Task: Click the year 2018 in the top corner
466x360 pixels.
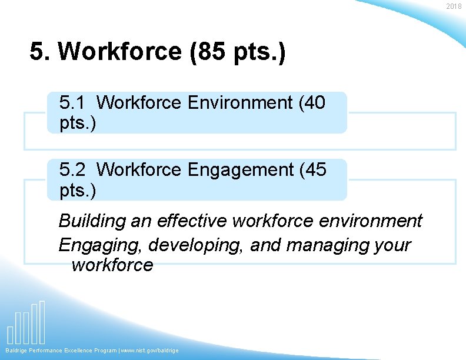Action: point(454,6)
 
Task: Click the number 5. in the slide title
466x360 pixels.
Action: point(41,52)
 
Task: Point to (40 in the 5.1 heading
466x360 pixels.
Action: point(312,102)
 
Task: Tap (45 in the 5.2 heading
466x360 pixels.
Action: point(312,169)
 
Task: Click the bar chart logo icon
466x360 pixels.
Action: point(26,323)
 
